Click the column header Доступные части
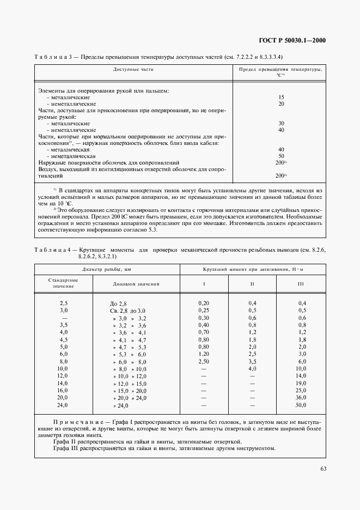click(134, 70)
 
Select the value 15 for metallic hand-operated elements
click(281, 97)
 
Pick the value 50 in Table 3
click(281, 156)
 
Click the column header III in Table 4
click(301, 284)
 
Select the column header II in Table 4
click(252, 284)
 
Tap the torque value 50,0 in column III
click(301, 405)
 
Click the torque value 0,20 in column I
click(204, 302)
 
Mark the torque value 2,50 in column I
click(204, 361)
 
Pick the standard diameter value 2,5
click(64, 302)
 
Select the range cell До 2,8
click(118, 303)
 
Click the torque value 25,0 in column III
click(301, 391)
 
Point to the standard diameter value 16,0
click(64, 391)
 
